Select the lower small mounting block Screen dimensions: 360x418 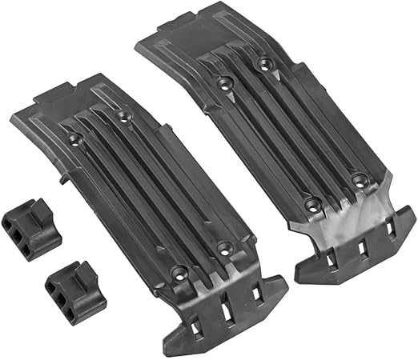pos(72,286)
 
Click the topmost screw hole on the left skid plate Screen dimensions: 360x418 pos(122,118)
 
